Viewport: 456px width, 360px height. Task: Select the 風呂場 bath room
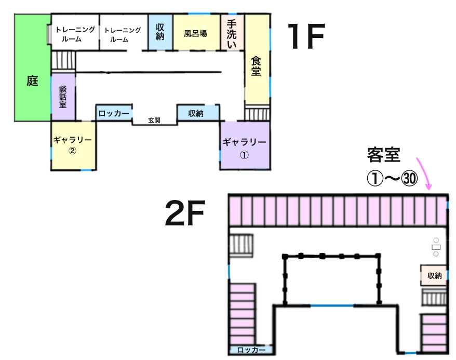point(195,33)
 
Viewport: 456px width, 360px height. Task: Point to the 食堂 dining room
point(257,65)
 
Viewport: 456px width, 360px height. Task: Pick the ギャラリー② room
point(73,145)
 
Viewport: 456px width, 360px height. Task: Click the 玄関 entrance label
point(154,120)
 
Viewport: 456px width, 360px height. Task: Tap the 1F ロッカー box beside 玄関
point(114,113)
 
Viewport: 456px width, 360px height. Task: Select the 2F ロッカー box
point(251,350)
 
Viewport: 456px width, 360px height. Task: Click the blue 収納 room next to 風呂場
point(160,33)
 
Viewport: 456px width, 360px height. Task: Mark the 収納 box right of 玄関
point(196,113)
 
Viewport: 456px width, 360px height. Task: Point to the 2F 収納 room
point(434,276)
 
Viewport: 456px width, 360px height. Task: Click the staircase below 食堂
point(258,113)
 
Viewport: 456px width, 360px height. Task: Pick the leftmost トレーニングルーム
point(75,33)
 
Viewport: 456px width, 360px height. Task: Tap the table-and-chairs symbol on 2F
point(436,247)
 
